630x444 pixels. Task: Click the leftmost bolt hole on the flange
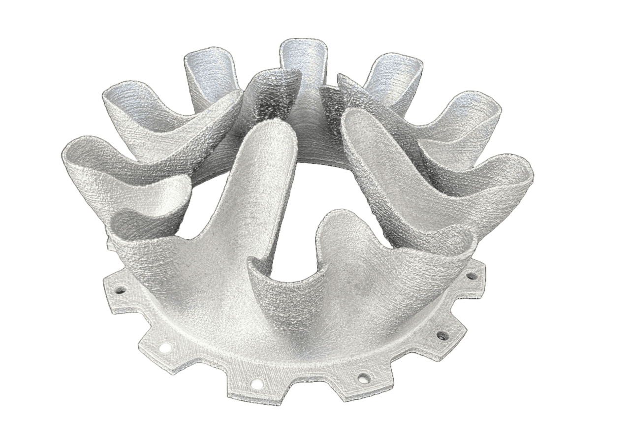point(119,289)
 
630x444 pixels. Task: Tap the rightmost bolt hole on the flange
point(471,276)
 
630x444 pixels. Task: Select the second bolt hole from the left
point(165,348)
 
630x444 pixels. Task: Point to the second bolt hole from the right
point(442,336)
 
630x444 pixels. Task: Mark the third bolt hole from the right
point(363,378)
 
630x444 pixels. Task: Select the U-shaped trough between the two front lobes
point(290,278)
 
